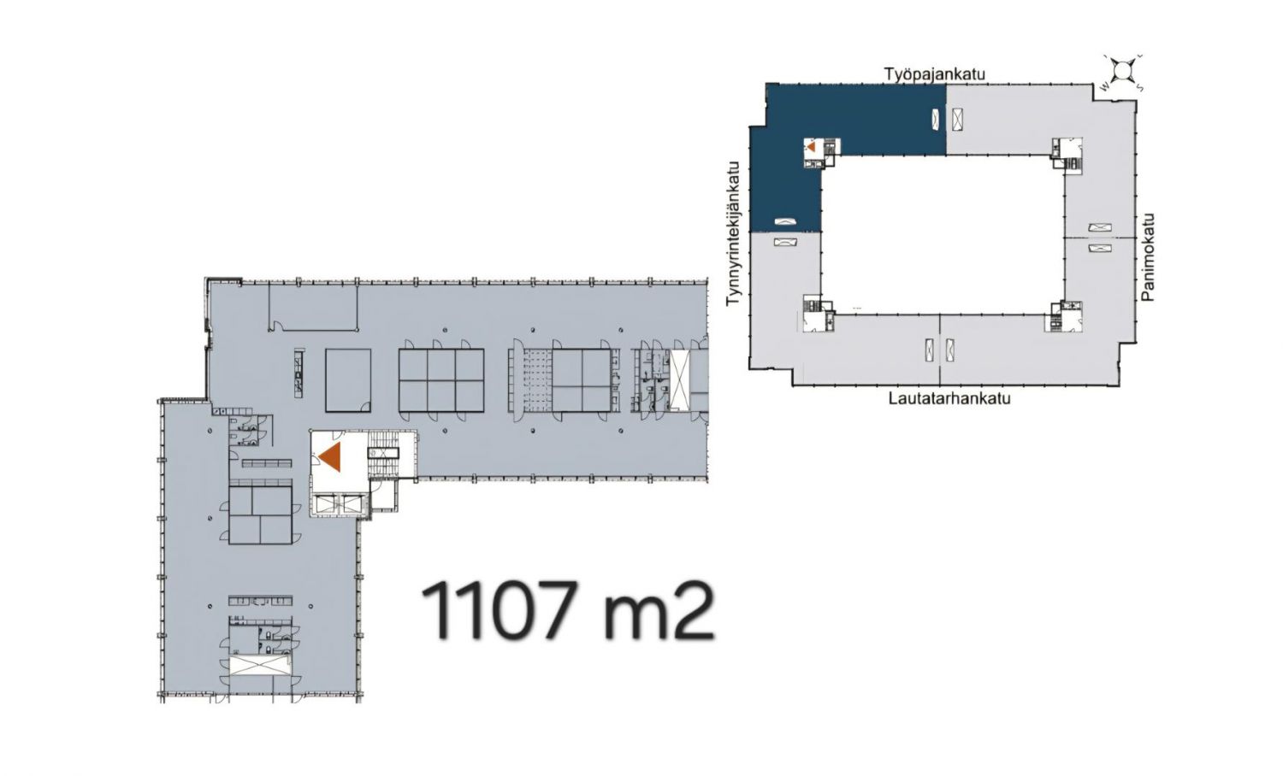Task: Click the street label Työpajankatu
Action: [934, 73]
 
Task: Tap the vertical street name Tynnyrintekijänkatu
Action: [733, 233]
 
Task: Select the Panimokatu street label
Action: [1147, 257]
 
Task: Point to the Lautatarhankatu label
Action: [949, 398]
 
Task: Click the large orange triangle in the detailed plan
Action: [330, 456]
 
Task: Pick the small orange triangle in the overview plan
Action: [811, 146]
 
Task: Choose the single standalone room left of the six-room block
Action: [348, 380]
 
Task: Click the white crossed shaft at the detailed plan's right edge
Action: [680, 380]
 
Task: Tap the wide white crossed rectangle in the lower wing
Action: [260, 666]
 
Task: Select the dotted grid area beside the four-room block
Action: [530, 380]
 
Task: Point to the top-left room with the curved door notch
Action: [313, 308]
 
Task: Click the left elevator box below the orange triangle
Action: [326, 504]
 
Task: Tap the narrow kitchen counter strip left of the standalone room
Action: [299, 373]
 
